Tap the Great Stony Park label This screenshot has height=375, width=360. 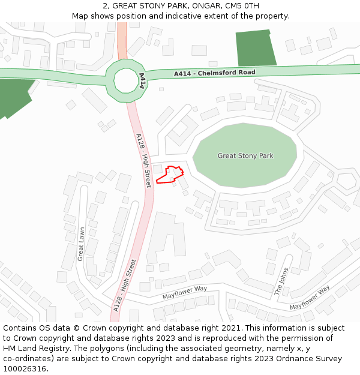[245, 156]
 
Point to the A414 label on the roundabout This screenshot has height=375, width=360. [142, 81]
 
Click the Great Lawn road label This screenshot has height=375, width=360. [82, 243]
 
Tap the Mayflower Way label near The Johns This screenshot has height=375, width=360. [184, 292]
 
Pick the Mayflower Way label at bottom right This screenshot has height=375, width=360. [310, 298]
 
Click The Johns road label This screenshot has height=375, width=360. [281, 281]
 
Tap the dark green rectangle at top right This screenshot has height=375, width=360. [256, 47]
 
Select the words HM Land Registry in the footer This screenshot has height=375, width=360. [34, 349]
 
